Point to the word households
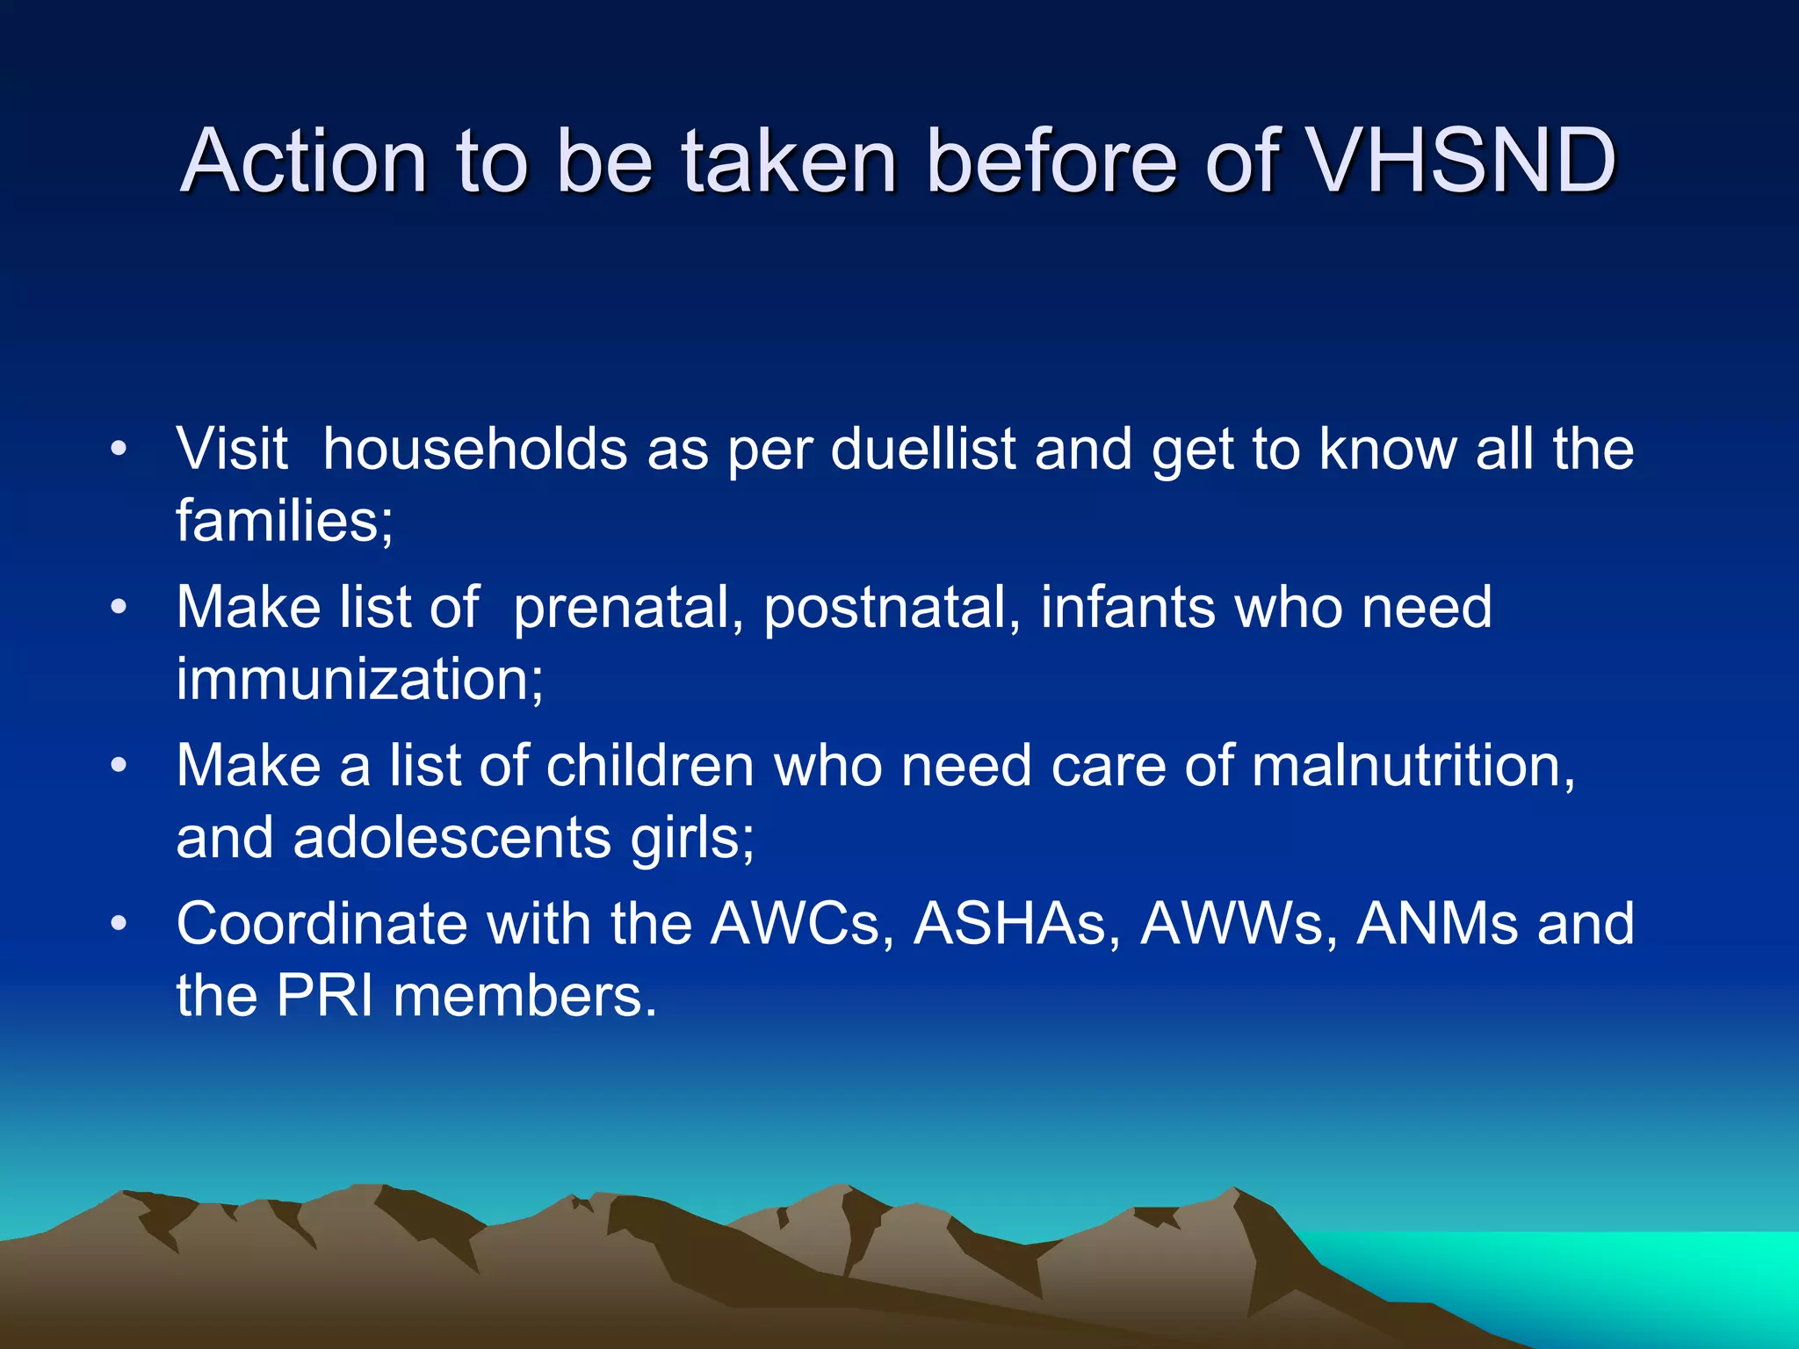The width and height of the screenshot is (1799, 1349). [474, 449]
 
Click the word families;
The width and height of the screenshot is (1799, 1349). [285, 521]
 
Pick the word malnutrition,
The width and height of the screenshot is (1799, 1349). [1413, 765]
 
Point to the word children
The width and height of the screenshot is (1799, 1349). [650, 765]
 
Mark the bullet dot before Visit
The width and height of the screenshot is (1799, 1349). [119, 450]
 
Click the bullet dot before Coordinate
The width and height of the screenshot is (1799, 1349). [119, 924]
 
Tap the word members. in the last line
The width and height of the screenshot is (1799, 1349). [524, 996]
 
